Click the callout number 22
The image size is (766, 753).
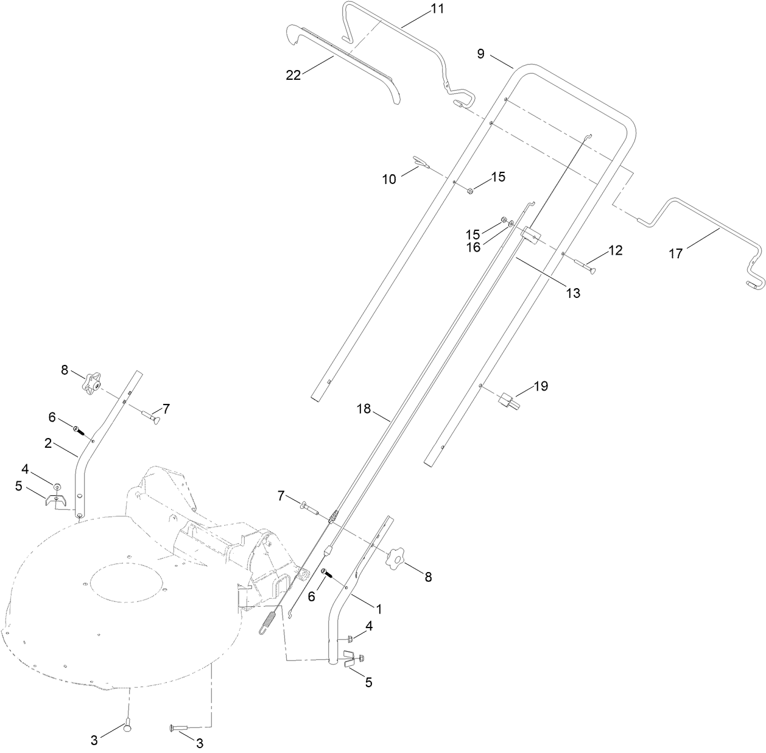point(293,75)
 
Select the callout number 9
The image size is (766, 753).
point(480,54)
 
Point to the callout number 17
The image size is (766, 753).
point(676,254)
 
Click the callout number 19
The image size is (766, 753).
point(541,386)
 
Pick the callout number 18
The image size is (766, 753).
point(364,409)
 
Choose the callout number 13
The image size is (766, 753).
point(573,293)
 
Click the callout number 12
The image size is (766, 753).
point(616,250)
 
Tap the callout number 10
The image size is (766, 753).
point(389,179)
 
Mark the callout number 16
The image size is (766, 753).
point(473,247)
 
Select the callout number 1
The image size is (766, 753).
point(378,609)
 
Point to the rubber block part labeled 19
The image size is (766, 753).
point(508,400)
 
